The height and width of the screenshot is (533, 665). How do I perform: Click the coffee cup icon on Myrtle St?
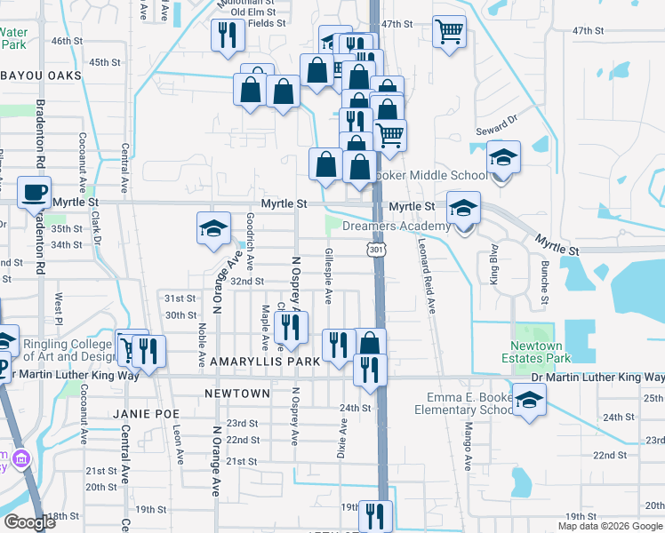point(35,192)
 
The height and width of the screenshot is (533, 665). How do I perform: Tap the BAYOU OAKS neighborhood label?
point(40,76)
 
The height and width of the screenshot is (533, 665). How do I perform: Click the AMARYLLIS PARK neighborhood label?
point(265,362)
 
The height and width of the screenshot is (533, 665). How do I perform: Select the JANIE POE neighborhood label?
point(146,414)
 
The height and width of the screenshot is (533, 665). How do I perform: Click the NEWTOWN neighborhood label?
point(236,393)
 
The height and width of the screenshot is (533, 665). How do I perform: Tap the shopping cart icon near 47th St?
point(450,32)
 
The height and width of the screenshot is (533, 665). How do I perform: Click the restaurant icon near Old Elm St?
point(226,36)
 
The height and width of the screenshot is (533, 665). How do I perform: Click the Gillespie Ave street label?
point(330,274)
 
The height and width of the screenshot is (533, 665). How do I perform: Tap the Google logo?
point(29,522)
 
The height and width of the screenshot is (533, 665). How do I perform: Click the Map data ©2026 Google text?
point(610,526)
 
